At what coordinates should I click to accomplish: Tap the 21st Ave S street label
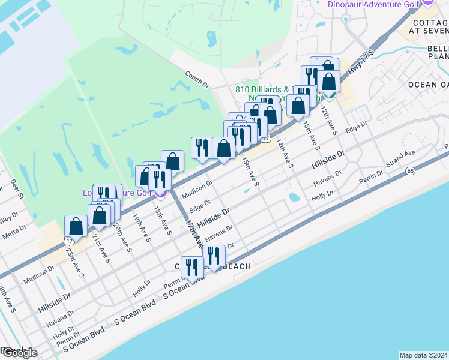(101, 248)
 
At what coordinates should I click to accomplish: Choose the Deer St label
(17, 189)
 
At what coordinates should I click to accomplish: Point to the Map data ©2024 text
(424, 355)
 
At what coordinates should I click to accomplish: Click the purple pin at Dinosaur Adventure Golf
(428, 2)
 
